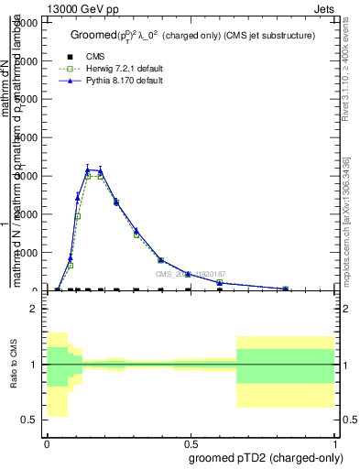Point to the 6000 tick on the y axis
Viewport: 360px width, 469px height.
29,60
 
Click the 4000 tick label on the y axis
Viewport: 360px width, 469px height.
29,137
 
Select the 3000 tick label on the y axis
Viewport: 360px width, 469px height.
29,176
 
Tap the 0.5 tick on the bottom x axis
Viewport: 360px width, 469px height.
191,442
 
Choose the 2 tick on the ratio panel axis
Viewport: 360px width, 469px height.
35,310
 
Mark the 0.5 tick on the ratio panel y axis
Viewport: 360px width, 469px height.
32,420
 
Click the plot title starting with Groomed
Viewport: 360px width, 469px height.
192,36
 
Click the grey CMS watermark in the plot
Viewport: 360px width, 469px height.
190,274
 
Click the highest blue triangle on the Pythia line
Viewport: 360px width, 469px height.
88,169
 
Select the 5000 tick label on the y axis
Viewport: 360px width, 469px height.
29,99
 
